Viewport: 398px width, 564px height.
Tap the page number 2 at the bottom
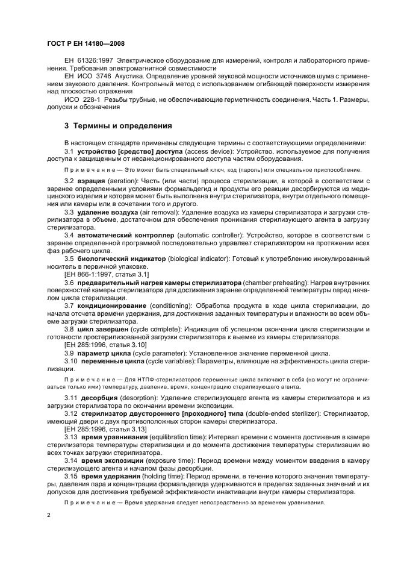pyautogui.click(x=49, y=516)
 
